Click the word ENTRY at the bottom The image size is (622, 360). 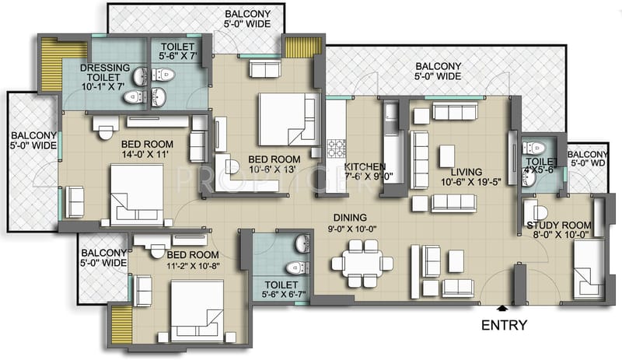(x=505, y=325)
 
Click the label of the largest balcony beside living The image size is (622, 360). (x=438, y=72)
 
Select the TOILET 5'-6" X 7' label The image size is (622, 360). (x=175, y=51)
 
